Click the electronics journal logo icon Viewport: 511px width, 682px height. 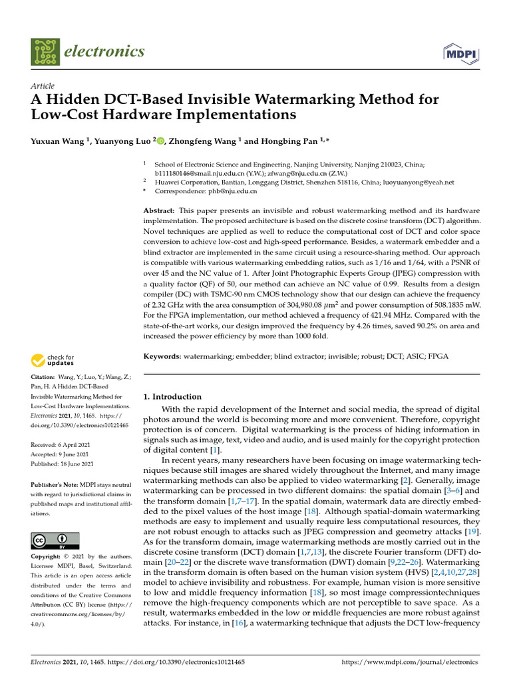tap(45, 52)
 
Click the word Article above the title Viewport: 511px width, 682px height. tap(43, 86)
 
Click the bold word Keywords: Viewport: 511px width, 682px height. tap(163, 357)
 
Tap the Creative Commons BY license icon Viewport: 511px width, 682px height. tap(55, 540)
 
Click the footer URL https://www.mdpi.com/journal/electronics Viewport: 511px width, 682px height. tap(409, 663)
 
